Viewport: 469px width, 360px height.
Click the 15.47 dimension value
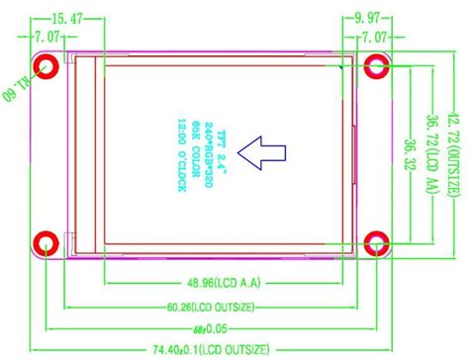(66, 18)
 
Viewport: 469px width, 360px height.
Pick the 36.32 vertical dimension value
(409, 155)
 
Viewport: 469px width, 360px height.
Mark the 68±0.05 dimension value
(210, 327)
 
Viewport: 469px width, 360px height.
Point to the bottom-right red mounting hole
(376, 243)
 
